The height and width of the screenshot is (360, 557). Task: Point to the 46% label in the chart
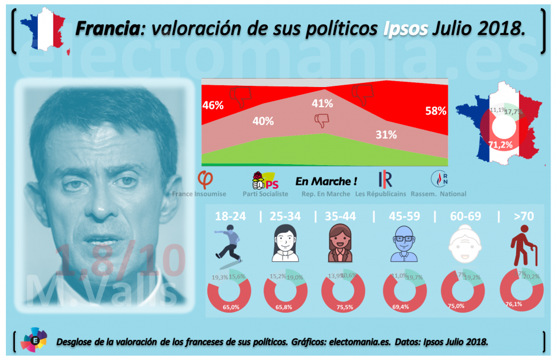coord(212,105)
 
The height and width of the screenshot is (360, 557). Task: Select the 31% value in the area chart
coord(386,134)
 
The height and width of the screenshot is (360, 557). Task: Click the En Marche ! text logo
coord(326,181)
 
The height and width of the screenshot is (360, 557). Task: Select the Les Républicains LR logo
coord(385,179)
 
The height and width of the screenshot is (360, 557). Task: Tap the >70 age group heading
coord(523,216)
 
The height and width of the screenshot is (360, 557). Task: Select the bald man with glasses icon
coord(405,246)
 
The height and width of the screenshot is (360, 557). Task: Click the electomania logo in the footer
coord(34,340)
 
